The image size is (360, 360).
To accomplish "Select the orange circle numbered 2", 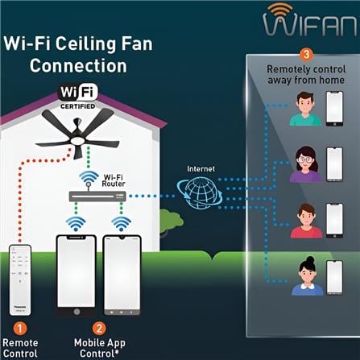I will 99,329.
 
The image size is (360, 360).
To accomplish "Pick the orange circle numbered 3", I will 306,56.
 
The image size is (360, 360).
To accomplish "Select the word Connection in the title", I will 78,65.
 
